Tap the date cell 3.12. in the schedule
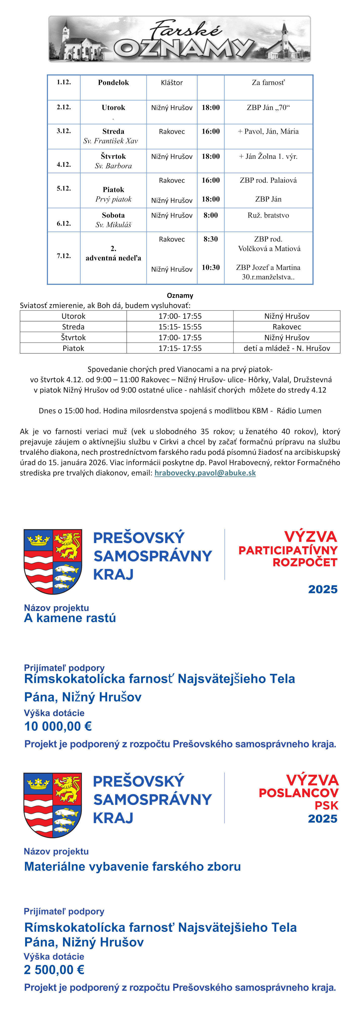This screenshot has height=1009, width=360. point(64,131)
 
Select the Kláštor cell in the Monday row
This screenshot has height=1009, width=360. point(172,83)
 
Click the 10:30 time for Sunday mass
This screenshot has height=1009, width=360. point(211,267)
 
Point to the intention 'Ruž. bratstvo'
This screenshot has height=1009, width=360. point(268,215)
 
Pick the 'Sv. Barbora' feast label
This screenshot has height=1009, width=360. point(113,166)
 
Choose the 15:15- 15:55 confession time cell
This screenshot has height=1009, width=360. point(180,327)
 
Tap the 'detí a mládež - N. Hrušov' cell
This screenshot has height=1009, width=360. point(287,348)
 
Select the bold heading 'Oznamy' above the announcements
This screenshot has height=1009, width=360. point(180,295)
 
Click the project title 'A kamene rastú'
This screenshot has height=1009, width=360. point(70,618)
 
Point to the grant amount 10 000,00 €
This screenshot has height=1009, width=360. point(58,726)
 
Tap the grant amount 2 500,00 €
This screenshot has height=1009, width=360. point(54,970)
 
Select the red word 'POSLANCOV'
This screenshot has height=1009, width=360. point(299,793)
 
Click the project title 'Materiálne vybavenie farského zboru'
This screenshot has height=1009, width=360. point(132,866)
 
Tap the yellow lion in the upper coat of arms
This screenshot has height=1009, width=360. point(67,545)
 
